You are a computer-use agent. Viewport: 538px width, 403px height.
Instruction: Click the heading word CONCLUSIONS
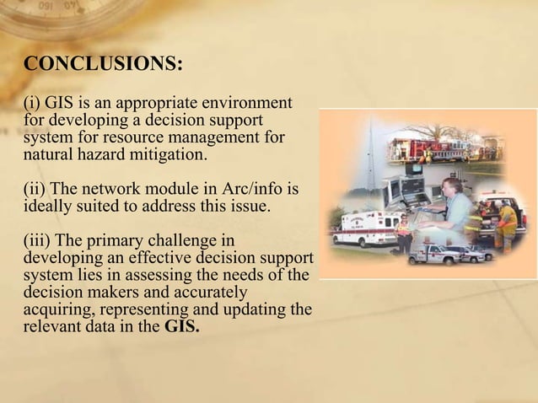(104, 65)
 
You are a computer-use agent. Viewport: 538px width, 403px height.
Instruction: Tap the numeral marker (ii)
(37, 185)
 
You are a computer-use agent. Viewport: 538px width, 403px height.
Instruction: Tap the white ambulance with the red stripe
(365, 228)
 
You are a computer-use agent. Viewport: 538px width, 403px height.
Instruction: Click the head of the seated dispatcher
(451, 185)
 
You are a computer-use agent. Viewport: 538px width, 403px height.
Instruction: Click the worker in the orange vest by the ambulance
(402, 228)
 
